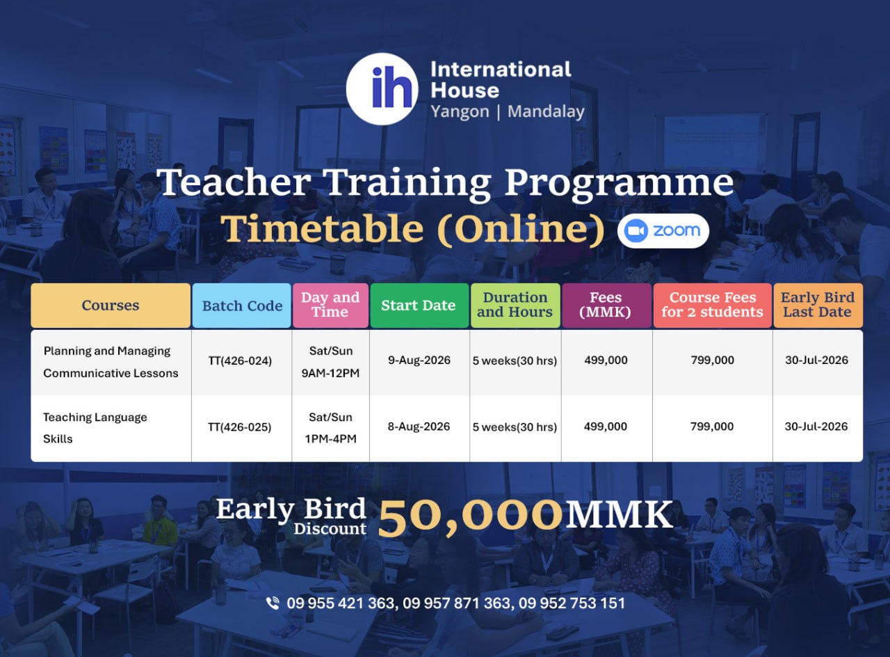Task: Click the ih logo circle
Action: (x=382, y=89)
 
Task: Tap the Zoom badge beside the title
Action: (x=663, y=231)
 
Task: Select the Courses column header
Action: (x=111, y=306)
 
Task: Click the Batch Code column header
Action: (x=242, y=306)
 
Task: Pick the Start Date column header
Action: (x=419, y=306)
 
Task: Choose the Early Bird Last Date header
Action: (x=818, y=306)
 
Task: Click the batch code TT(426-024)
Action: (x=240, y=361)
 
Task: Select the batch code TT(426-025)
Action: (x=240, y=427)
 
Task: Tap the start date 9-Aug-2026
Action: (x=419, y=361)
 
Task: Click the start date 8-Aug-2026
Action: (x=419, y=427)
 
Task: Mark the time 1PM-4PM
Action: (x=330, y=439)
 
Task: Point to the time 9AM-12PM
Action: (x=330, y=373)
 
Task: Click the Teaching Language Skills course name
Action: (x=95, y=428)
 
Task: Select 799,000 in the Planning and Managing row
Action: (x=713, y=361)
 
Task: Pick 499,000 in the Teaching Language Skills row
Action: (x=606, y=427)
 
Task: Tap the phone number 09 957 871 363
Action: (x=456, y=603)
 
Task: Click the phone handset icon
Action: (x=273, y=603)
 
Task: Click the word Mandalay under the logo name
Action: (x=547, y=112)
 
